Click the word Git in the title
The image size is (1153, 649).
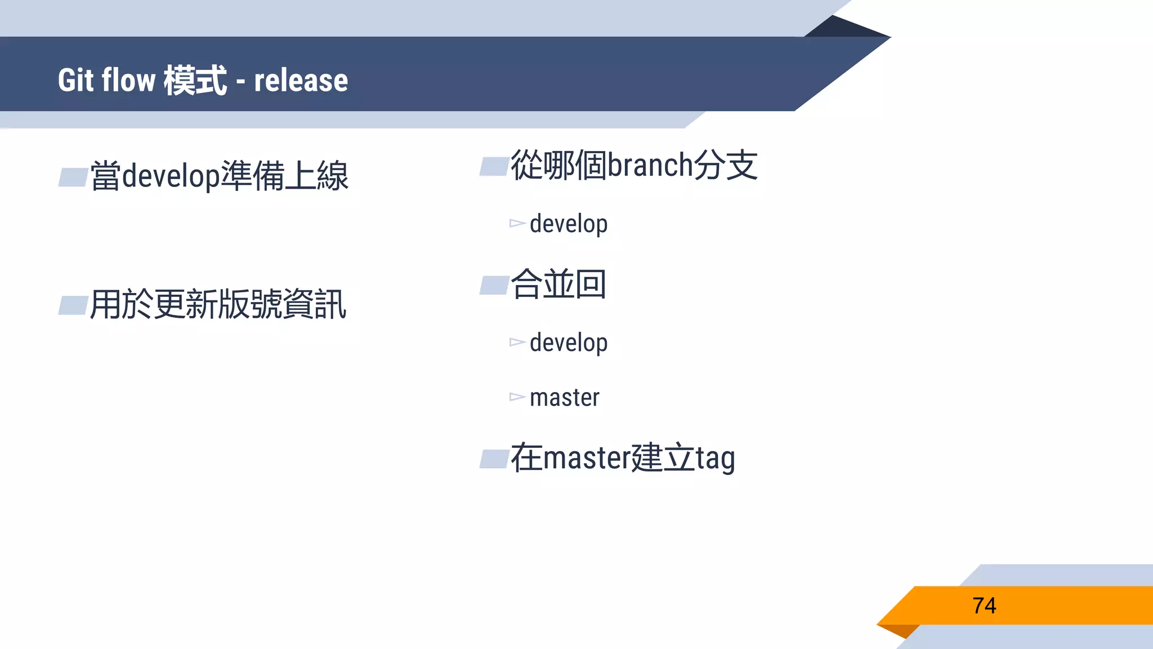pyautogui.click(x=75, y=80)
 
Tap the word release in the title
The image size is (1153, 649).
pyautogui.click(x=301, y=80)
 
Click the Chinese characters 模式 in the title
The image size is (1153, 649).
pyautogui.click(x=195, y=80)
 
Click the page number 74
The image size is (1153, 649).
pyautogui.click(x=984, y=606)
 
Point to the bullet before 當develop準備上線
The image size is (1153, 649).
pyautogui.click(x=73, y=177)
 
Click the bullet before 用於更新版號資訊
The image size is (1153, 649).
pyautogui.click(x=73, y=305)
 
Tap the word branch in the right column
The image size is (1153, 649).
pyautogui.click(x=650, y=166)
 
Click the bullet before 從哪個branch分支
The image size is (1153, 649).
pyautogui.click(x=494, y=167)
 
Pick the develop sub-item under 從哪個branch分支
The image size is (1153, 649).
pyautogui.click(x=569, y=224)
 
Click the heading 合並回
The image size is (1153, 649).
pyautogui.click(x=558, y=284)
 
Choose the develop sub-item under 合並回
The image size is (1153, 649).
pyautogui.click(x=569, y=343)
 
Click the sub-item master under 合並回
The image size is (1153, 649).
pyautogui.click(x=564, y=398)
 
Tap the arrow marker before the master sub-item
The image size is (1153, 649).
pyautogui.click(x=517, y=397)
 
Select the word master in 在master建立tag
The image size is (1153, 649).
pyautogui.click(x=586, y=457)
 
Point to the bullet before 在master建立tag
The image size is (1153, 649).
pyautogui.click(x=494, y=459)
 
